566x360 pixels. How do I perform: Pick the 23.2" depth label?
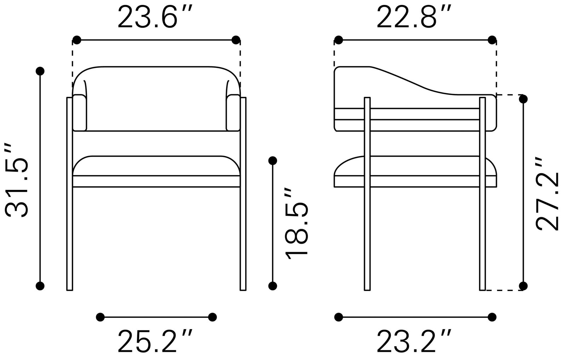pyautogui.click(x=414, y=341)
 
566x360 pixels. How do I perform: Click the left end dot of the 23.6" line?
pyautogui.click(x=77, y=40)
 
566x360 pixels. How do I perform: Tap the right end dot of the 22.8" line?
pyautogui.click(x=492, y=40)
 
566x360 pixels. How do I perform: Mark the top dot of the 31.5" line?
pyautogui.click(x=40, y=71)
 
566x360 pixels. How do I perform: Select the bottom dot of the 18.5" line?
pyautogui.click(x=272, y=285)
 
